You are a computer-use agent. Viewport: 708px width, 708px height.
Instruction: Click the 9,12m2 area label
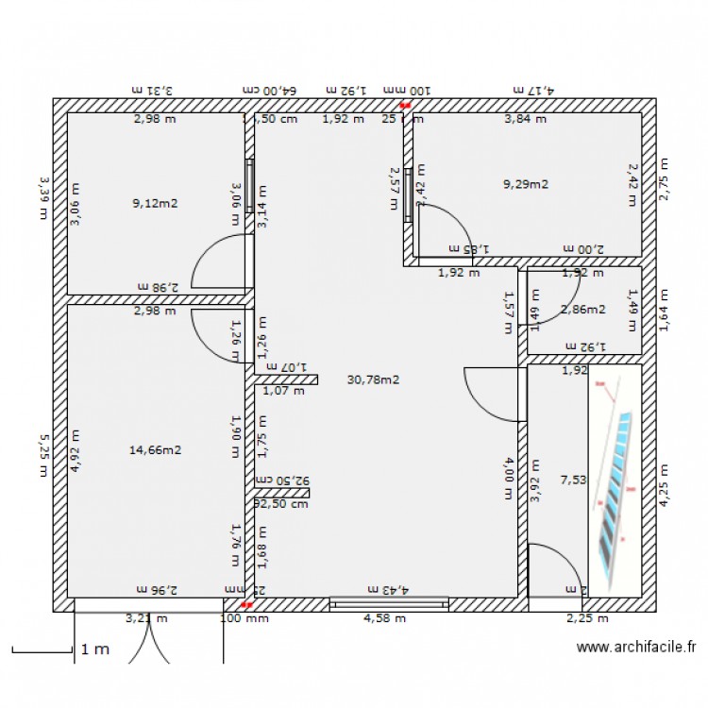[156, 201]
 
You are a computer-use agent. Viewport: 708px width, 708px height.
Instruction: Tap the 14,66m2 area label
[155, 450]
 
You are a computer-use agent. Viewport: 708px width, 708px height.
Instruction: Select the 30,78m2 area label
[374, 380]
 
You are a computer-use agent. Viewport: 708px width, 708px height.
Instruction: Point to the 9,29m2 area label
[526, 184]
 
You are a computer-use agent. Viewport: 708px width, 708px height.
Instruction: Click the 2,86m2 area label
[582, 309]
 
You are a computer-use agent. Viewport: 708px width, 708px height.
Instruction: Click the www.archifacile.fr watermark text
[635, 648]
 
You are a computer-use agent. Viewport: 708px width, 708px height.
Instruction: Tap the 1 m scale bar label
[94, 649]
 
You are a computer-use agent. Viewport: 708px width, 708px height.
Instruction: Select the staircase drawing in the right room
[615, 472]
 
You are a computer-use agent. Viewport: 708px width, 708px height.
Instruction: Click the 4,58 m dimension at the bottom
[384, 619]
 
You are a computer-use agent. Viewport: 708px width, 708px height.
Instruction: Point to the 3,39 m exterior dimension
[42, 195]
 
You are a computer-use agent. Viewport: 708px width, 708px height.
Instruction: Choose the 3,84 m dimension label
[525, 120]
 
